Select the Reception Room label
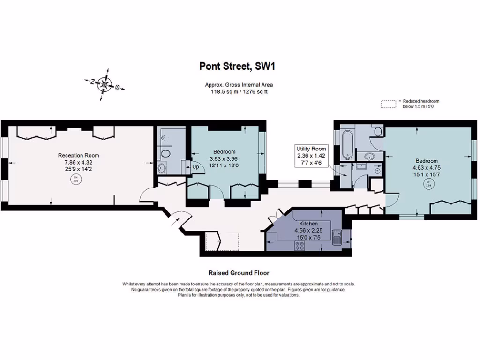(78, 155)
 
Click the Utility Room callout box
(311, 155)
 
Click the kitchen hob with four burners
(300, 245)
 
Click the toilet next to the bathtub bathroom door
(377, 131)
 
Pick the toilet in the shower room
(165, 155)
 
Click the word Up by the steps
(195, 167)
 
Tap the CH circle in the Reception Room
(75, 179)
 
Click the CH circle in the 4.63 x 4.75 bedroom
(428, 183)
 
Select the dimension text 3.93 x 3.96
(224, 158)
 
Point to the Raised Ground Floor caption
(239, 273)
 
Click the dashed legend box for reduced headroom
(389, 104)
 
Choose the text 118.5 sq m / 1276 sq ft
(239, 91)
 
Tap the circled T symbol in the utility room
(378, 171)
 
